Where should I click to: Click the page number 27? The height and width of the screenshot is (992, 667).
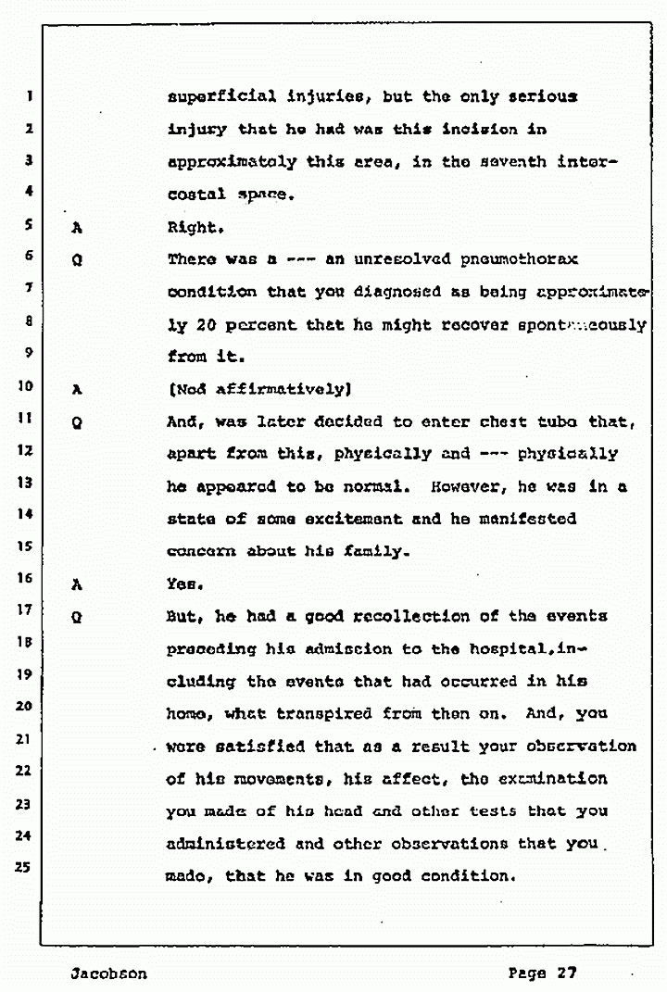point(566,972)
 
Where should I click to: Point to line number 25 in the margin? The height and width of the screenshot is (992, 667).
point(29,868)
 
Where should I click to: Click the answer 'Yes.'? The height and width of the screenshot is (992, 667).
point(183,584)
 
